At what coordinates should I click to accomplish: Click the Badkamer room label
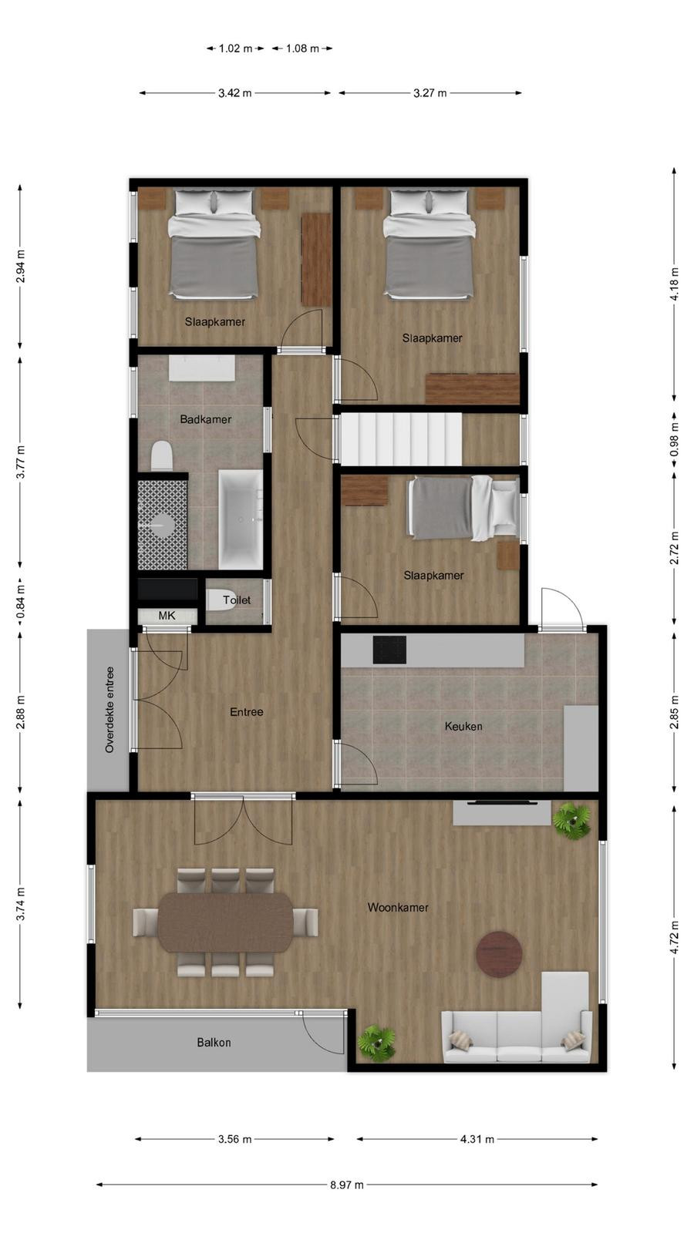click(x=205, y=419)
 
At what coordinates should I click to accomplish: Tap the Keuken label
click(x=463, y=726)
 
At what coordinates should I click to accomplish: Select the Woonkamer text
click(x=398, y=907)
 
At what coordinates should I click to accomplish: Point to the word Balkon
click(x=214, y=1042)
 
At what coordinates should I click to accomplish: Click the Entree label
click(x=246, y=712)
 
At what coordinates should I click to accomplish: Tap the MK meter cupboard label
click(x=167, y=616)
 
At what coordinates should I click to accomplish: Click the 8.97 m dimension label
click(x=347, y=1184)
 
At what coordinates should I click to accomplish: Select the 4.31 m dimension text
click(x=477, y=1139)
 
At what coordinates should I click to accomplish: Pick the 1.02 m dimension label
click(x=235, y=49)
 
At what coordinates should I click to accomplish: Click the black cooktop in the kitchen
click(x=389, y=650)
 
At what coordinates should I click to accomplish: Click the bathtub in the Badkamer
click(x=241, y=519)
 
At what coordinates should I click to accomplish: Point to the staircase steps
click(x=401, y=438)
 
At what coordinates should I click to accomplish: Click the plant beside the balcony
click(x=377, y=1043)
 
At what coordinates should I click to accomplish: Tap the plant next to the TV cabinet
click(x=571, y=820)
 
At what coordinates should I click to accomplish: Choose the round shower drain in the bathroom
click(x=162, y=524)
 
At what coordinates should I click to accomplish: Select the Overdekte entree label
click(x=109, y=710)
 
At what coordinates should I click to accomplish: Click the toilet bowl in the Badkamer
click(x=162, y=455)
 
